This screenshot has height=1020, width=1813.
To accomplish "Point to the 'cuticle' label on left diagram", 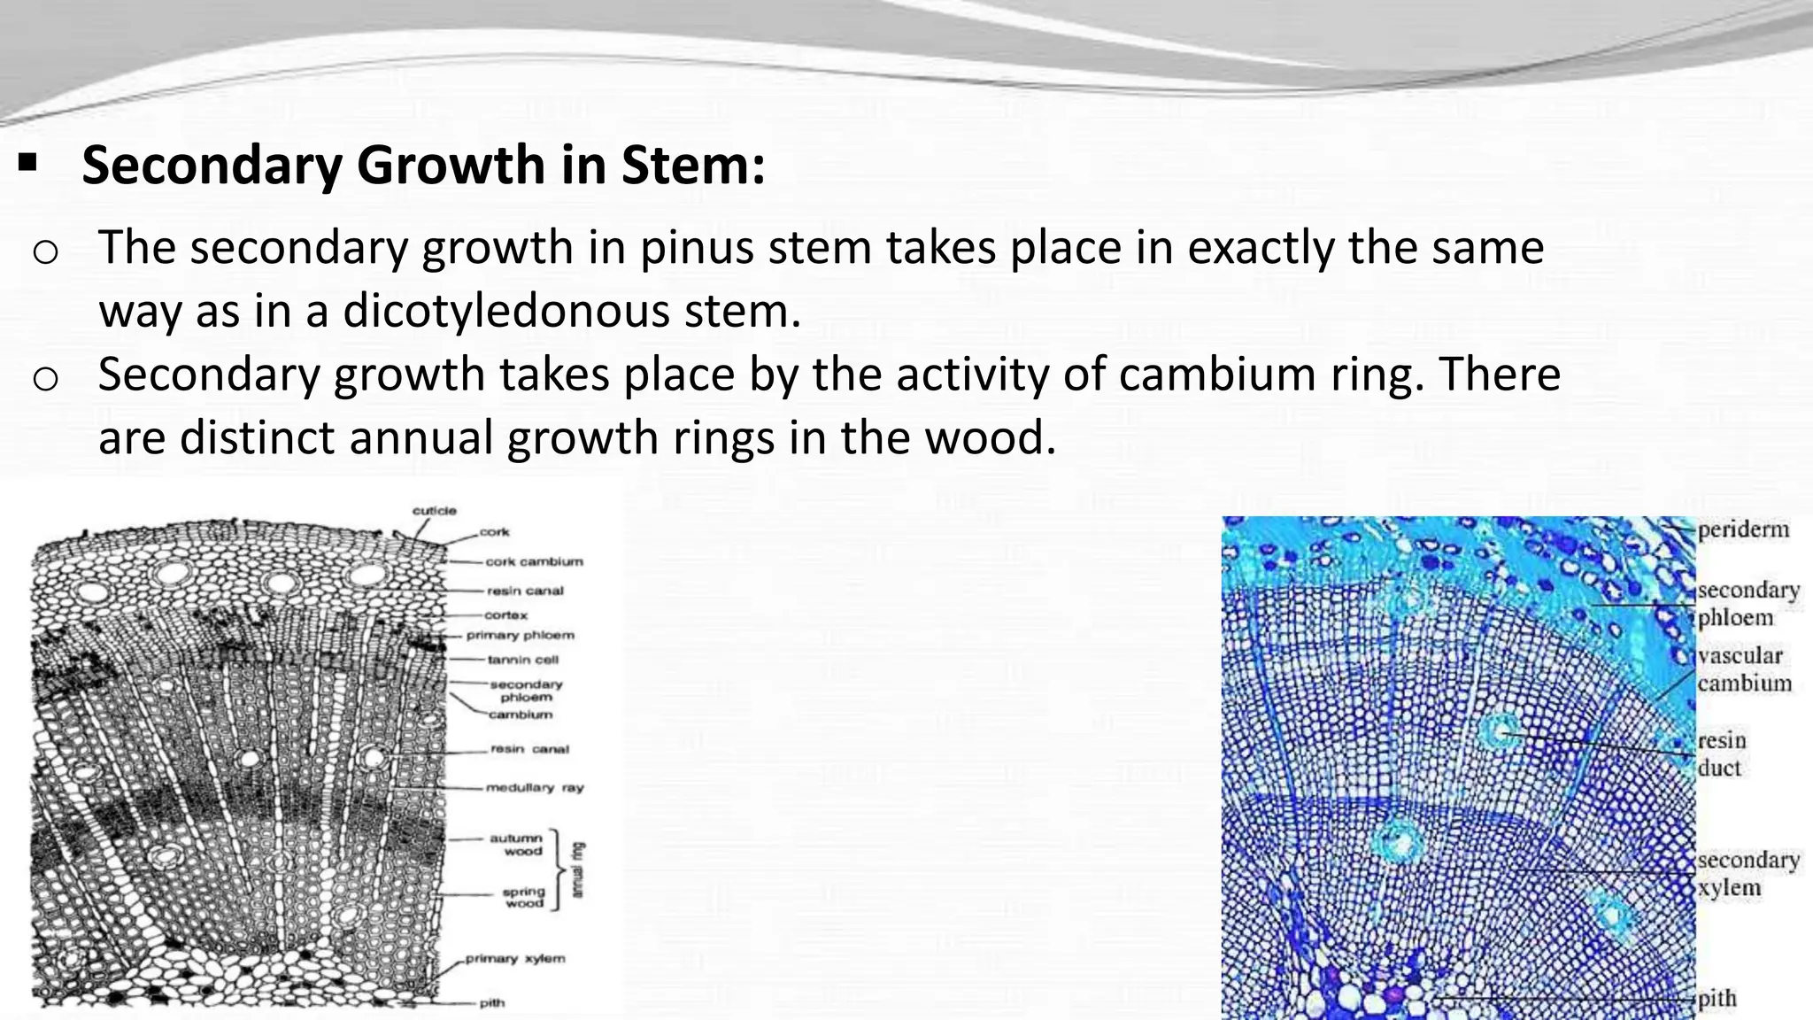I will tap(435, 511).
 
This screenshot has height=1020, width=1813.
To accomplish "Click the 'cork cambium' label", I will tap(534, 561).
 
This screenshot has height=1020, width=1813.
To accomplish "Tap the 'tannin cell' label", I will tap(523, 660).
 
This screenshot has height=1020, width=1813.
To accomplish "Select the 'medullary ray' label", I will tap(535, 787).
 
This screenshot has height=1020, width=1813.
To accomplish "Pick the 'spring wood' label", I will tap(522, 897).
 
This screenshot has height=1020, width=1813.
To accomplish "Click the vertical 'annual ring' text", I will tap(578, 870).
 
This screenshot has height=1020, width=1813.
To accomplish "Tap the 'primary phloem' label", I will tap(521, 635).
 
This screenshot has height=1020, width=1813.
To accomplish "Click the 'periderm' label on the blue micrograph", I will tap(1743, 529).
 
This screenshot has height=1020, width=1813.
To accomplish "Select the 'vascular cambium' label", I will tap(1743, 669).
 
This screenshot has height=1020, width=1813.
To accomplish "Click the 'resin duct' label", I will tap(1721, 753).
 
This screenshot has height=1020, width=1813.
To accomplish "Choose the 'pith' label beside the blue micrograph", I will tap(1717, 999).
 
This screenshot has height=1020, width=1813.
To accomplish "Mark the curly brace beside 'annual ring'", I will tap(556, 870).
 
